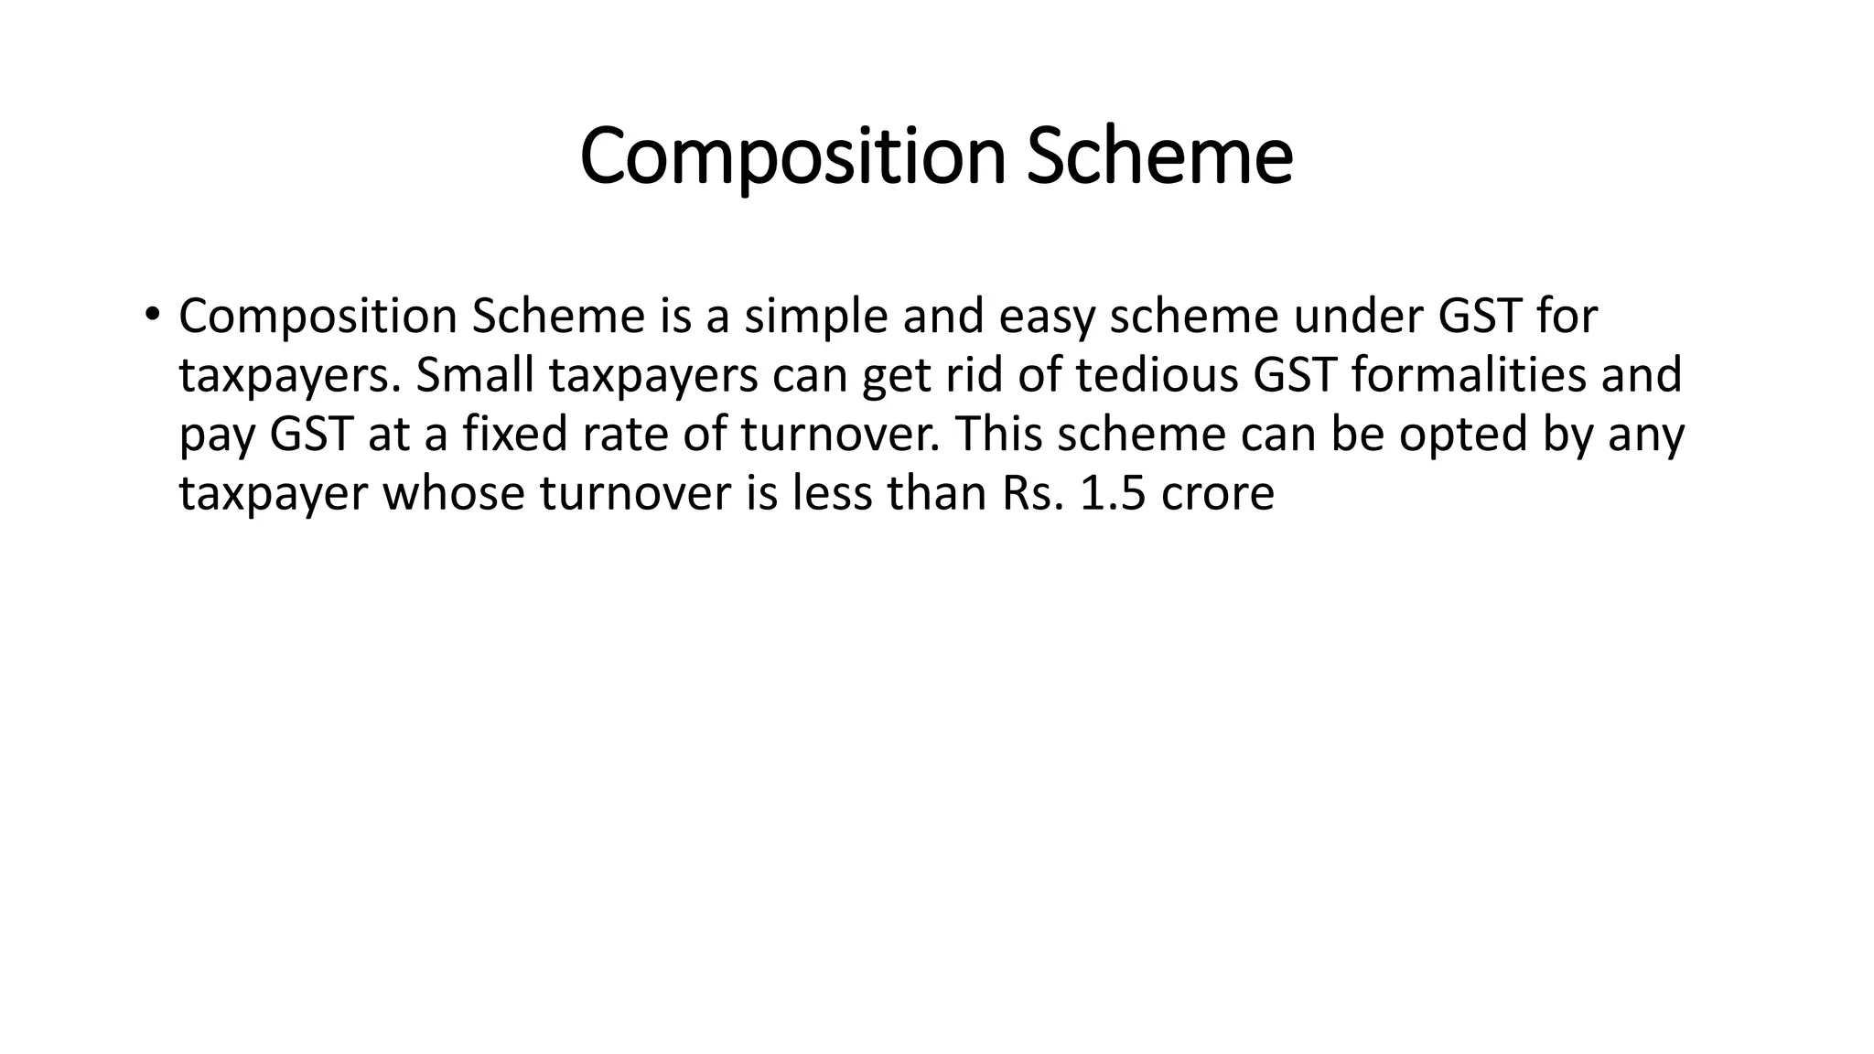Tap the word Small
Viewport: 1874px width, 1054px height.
coord(474,375)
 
